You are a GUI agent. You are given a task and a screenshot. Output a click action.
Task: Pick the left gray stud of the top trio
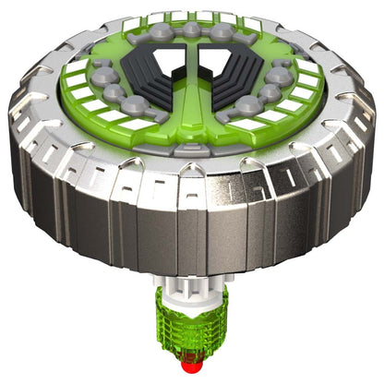pos(163,34)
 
